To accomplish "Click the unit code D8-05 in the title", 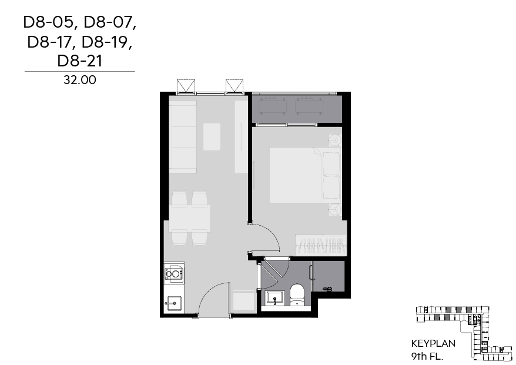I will (x=49, y=23).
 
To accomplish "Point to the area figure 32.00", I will (x=79, y=81).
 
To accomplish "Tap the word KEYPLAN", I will (x=433, y=343).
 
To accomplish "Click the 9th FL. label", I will (x=428, y=356).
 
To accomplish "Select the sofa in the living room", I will (x=183, y=136).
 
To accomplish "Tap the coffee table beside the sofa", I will (x=212, y=136).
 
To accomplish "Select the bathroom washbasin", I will (x=274, y=299).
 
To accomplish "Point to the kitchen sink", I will (x=173, y=303).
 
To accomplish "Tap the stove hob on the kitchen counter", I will (x=174, y=273).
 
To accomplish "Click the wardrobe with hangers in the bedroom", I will (x=321, y=244).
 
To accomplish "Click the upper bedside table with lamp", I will (x=334, y=140).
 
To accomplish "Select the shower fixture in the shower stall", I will (x=329, y=289).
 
